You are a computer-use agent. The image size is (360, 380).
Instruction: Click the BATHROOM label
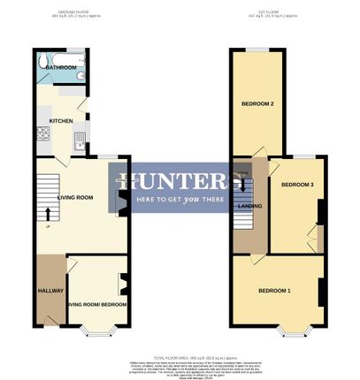tap(60, 67)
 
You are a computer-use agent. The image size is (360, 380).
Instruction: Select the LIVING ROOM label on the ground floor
tap(76, 197)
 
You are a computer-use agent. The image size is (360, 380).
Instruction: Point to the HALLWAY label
tap(50, 290)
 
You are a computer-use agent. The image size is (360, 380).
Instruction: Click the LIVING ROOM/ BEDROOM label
tap(98, 304)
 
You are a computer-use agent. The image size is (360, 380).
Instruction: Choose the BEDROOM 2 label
tap(257, 104)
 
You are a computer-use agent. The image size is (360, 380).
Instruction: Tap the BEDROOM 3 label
tap(297, 185)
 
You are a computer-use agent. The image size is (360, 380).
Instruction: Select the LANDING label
tap(250, 205)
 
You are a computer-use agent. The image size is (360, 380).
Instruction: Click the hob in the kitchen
tap(42, 134)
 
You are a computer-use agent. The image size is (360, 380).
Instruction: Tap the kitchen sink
tap(79, 139)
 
